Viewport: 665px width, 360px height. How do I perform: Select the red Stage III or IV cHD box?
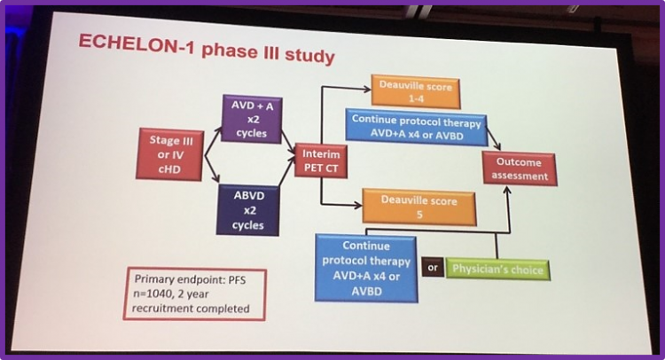(169, 155)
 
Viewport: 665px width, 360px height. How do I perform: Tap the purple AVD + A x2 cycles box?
(252, 119)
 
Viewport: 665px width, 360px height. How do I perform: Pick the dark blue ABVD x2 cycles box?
(248, 210)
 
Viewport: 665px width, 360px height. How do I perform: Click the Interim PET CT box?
(321, 161)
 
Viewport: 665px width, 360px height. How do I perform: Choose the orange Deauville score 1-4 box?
(416, 91)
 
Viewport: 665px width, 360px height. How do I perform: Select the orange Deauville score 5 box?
(419, 207)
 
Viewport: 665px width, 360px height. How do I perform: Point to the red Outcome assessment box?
(520, 168)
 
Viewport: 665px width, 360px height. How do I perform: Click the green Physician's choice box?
(498, 270)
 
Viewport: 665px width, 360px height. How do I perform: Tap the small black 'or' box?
(433, 268)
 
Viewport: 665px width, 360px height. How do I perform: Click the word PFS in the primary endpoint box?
(237, 280)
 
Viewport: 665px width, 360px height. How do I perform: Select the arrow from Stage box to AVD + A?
(213, 140)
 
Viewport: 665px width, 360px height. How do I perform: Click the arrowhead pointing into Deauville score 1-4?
(367, 89)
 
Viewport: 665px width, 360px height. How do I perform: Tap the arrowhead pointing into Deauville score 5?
(357, 206)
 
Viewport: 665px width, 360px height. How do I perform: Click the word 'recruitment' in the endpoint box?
(159, 309)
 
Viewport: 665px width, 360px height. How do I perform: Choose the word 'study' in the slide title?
(309, 57)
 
